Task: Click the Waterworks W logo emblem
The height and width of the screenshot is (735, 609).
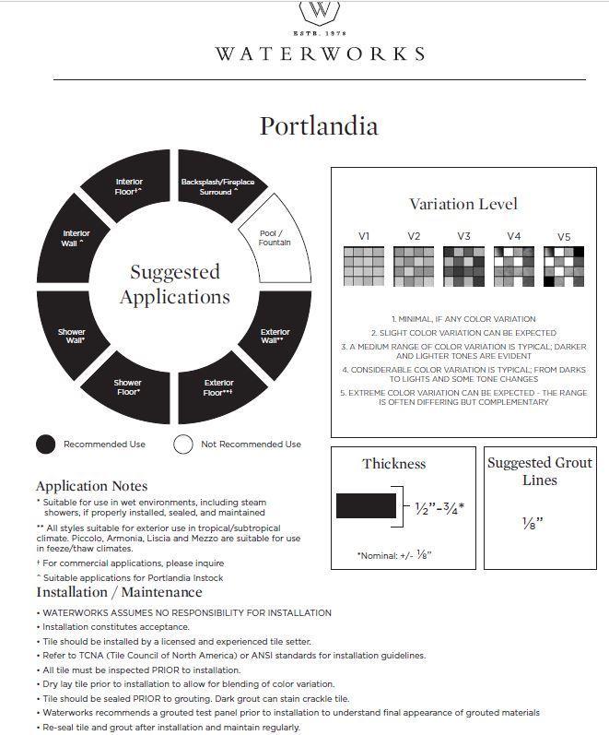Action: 320,12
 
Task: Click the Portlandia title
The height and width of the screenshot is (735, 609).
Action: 319,125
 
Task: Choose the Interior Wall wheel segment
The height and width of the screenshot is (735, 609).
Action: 76,239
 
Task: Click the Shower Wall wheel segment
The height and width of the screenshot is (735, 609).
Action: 72,336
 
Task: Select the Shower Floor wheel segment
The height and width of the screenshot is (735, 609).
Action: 128,386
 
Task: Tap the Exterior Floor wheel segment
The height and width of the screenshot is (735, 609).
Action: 218,386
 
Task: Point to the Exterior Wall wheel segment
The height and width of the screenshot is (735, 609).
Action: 274,336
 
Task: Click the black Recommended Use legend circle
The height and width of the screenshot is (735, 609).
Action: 46,445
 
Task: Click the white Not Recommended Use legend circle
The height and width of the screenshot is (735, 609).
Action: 183,445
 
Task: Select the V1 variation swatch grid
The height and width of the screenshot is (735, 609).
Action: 363,267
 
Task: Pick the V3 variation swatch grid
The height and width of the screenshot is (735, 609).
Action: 463,267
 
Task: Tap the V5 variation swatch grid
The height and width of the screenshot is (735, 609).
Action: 564,267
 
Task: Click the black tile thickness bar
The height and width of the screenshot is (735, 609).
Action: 366,506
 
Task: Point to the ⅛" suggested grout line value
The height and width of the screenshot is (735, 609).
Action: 533,523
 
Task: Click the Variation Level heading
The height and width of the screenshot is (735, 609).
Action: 463,204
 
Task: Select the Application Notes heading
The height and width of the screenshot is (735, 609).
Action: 91,486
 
